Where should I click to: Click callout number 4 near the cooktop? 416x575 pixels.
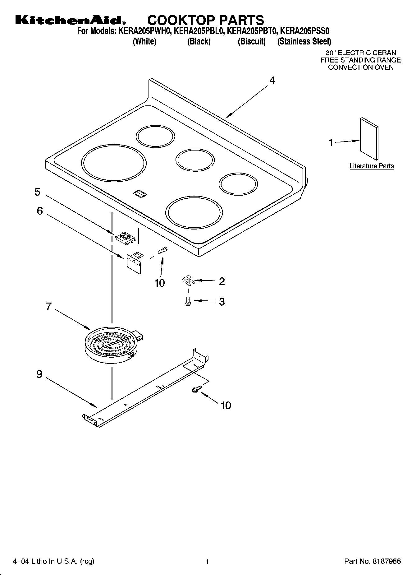pyautogui.click(x=272, y=81)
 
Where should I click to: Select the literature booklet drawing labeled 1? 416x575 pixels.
pyautogui.click(x=369, y=136)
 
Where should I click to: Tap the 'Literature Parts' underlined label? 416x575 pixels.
pyautogui.click(x=372, y=166)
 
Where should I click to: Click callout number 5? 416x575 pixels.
pyautogui.click(x=37, y=192)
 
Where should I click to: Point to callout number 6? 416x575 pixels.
pyautogui.click(x=40, y=211)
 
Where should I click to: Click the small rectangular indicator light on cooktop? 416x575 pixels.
pyautogui.click(x=140, y=194)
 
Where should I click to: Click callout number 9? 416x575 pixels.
pyautogui.click(x=39, y=374)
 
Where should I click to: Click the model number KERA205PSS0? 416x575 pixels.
pyautogui.click(x=304, y=31)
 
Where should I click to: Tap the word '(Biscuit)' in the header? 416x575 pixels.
pyautogui.click(x=252, y=41)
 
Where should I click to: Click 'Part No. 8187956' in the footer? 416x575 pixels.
pyautogui.click(x=373, y=561)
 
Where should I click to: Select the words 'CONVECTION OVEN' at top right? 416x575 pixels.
pyautogui.click(x=361, y=67)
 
